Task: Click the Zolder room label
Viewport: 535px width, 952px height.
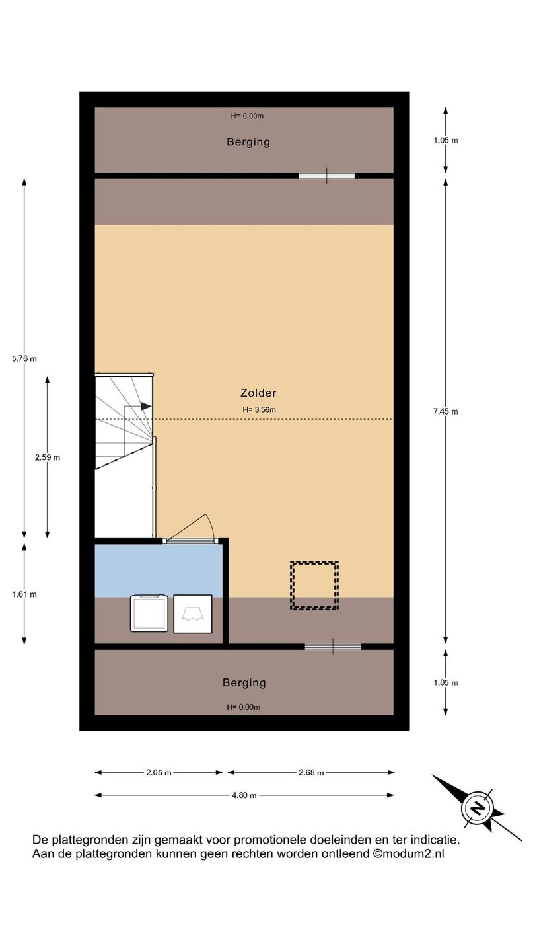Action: click(x=258, y=393)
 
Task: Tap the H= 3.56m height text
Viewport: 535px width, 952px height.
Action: click(x=259, y=410)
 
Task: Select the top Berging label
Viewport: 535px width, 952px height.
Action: click(x=248, y=142)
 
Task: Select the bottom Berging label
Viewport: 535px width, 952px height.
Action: click(x=244, y=682)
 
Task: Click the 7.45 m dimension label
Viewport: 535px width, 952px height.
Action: click(x=446, y=411)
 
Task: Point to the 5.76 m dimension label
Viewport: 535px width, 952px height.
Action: click(x=24, y=358)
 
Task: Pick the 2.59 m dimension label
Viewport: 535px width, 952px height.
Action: click(x=48, y=457)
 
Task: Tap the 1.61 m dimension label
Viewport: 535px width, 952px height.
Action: click(x=24, y=594)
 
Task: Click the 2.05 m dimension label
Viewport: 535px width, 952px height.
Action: click(x=159, y=773)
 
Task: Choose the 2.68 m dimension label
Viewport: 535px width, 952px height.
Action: click(x=311, y=773)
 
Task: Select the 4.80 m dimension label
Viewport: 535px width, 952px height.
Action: click(x=244, y=795)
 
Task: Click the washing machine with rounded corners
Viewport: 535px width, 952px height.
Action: click(x=149, y=613)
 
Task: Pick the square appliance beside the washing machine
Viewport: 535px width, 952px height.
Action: click(x=193, y=614)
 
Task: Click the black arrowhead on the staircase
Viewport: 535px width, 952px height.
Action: click(x=146, y=406)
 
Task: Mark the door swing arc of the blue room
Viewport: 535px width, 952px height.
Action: click(x=211, y=526)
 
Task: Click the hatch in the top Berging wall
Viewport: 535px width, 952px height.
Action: click(x=326, y=176)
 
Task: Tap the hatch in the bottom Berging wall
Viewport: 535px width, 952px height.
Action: click(x=333, y=647)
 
